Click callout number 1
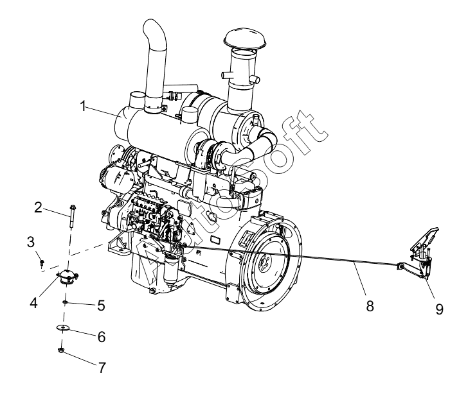84,106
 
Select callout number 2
38,207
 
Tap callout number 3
30,242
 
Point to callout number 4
33,302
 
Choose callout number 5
101,306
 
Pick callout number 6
102,337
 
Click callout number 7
102,367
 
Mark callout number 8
370,306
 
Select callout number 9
439,309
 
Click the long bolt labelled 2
72,216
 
